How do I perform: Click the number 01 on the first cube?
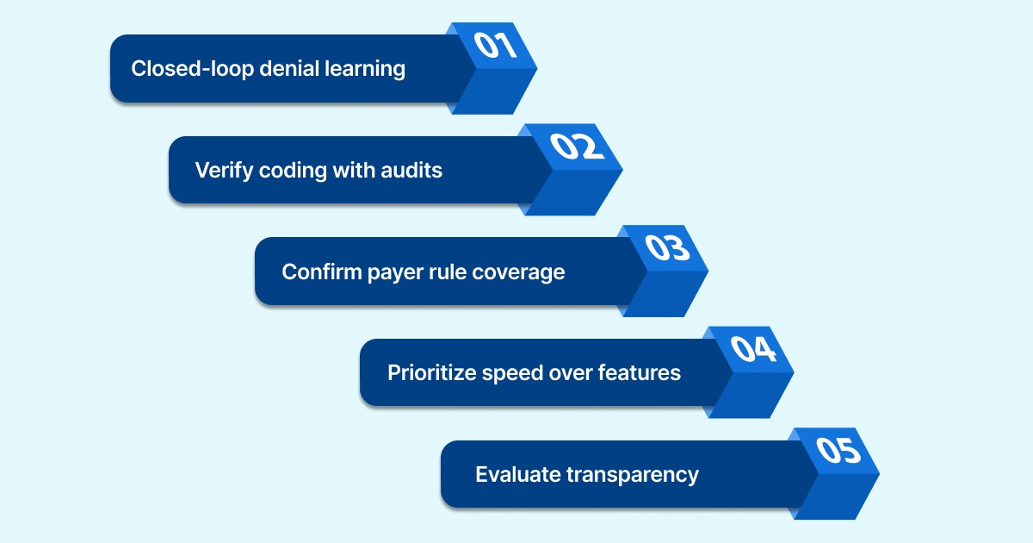coord(495,45)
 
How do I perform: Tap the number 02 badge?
coord(579,146)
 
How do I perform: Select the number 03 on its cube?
coord(667,247)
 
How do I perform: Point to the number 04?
coord(752,349)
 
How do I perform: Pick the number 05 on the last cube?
coord(838,450)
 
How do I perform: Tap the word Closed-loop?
coord(182,68)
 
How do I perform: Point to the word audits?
coord(411,170)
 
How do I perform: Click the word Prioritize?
coord(430,372)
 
